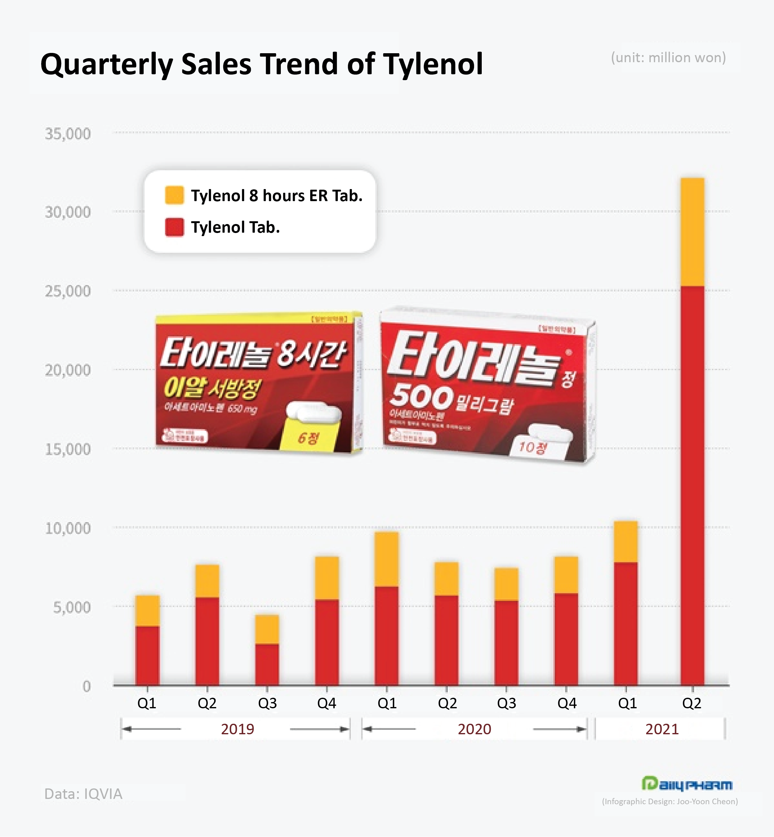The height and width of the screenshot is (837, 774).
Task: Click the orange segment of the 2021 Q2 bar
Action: pos(692,232)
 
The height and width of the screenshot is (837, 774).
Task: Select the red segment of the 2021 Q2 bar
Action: pos(692,485)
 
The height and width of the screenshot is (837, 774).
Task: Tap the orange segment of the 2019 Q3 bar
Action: pos(267,629)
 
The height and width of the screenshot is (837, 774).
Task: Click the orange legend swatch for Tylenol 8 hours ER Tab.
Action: pos(174,196)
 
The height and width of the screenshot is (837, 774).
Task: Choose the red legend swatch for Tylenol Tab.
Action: pos(174,227)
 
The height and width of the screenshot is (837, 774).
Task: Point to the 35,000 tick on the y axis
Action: pos(68,134)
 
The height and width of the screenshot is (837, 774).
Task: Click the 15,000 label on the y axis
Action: pos(68,449)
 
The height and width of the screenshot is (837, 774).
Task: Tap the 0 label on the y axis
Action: pos(86,686)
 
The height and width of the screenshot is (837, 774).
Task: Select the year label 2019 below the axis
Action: pos(237,729)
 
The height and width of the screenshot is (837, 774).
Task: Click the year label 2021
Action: pos(662,729)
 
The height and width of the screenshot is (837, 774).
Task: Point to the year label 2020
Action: pos(474,729)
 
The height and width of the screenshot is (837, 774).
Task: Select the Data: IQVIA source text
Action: pos(83,794)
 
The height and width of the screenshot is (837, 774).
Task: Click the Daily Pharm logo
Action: pos(687,784)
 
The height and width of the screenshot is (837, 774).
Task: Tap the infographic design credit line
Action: pos(670,801)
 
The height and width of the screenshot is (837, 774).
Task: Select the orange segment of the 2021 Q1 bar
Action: pos(626,542)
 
